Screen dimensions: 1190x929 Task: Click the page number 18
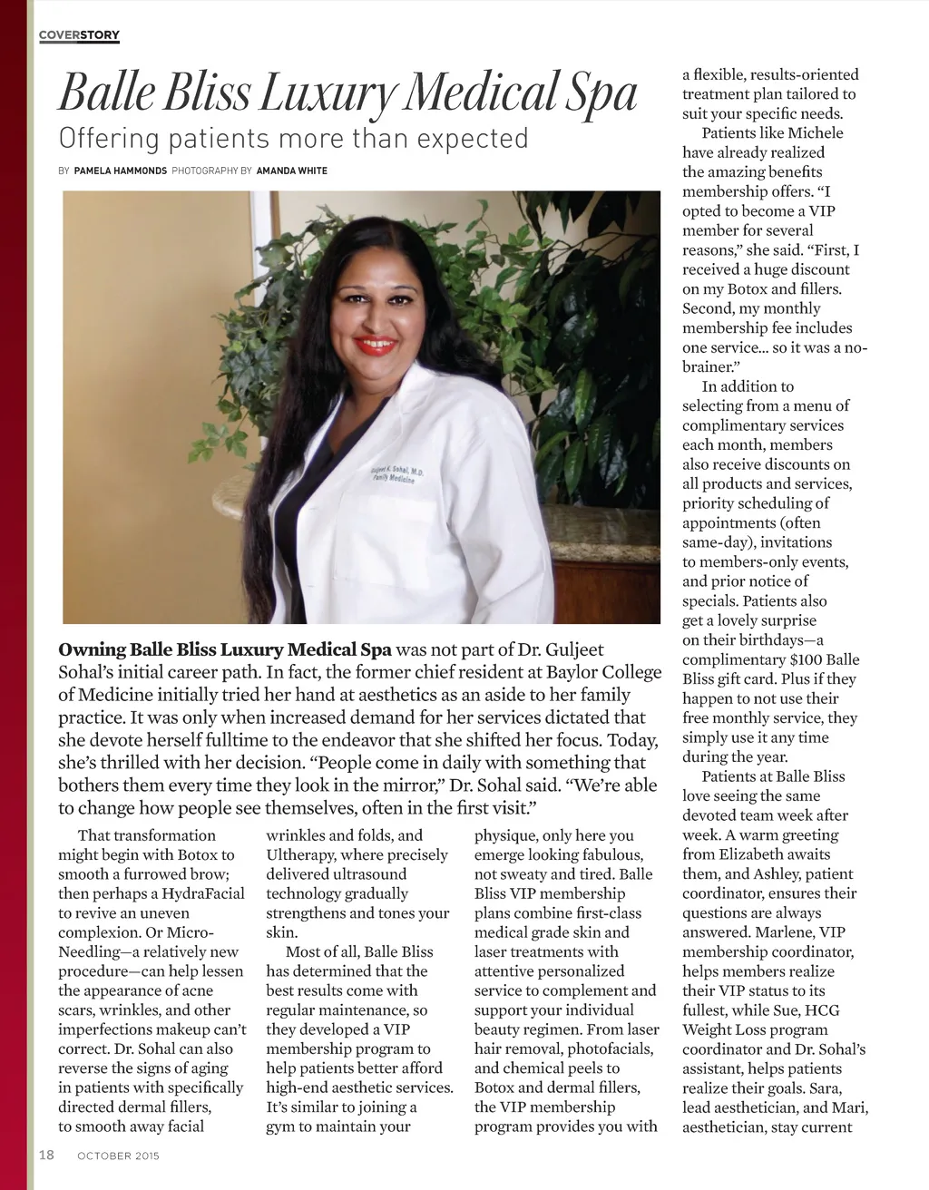coord(45,1156)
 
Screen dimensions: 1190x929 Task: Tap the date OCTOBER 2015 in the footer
coord(119,1156)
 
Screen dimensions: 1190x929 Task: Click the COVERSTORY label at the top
coord(80,35)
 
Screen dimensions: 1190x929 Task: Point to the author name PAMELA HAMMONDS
coord(120,171)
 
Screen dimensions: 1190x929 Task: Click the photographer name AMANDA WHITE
coord(291,171)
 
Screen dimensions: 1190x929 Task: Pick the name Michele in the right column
coord(810,133)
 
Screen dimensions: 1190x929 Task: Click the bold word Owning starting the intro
coord(92,650)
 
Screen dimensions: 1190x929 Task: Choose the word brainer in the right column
coord(706,367)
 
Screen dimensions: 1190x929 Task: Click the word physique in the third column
coord(508,835)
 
